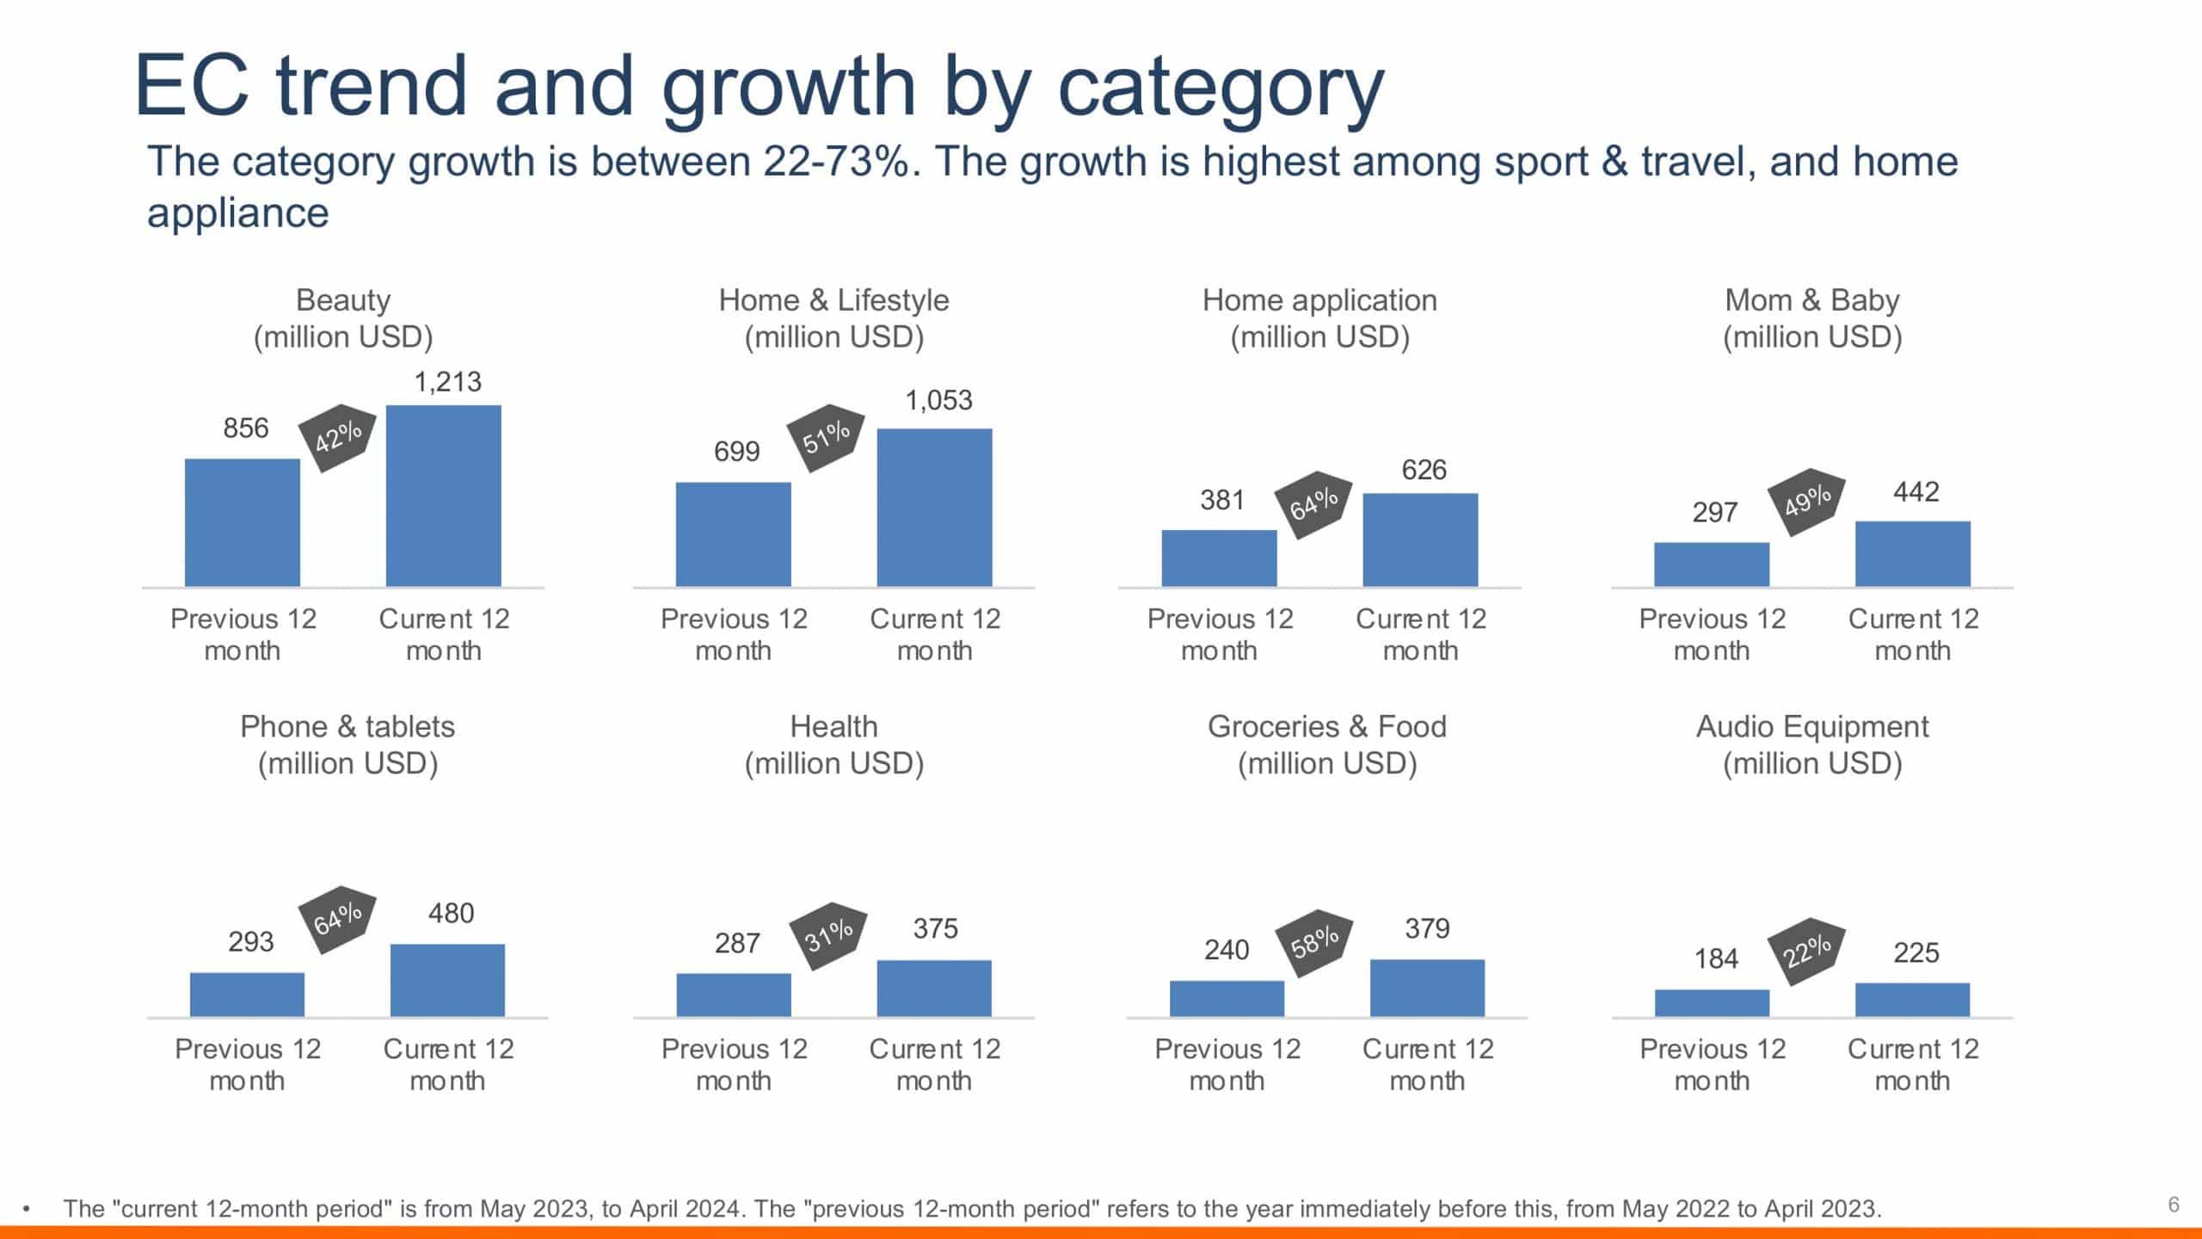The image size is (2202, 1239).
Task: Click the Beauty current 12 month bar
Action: [x=443, y=496]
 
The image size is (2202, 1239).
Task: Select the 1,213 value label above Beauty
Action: [x=447, y=381]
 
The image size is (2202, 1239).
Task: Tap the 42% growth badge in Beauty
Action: [x=337, y=437]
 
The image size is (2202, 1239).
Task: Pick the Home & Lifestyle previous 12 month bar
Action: [x=733, y=534]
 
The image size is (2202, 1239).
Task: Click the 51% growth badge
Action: [x=826, y=437]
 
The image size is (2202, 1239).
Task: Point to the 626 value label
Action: [x=1424, y=470]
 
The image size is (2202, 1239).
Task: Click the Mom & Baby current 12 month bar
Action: [x=1912, y=554]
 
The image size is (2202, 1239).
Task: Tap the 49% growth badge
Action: [x=1806, y=502]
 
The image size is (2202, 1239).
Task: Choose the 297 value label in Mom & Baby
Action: [x=1714, y=513]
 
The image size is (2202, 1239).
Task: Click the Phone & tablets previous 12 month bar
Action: [x=247, y=995]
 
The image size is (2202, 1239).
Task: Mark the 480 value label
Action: [x=451, y=913]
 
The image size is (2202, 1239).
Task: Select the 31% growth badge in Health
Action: [x=827, y=935]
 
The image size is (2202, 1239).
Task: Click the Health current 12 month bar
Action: [x=934, y=989]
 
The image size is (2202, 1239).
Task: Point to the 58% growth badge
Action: [x=1313, y=942]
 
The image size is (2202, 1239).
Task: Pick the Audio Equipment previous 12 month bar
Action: [x=1712, y=1003]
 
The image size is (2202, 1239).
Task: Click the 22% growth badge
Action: [x=1806, y=951]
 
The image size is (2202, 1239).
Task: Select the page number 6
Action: [x=2174, y=1205]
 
